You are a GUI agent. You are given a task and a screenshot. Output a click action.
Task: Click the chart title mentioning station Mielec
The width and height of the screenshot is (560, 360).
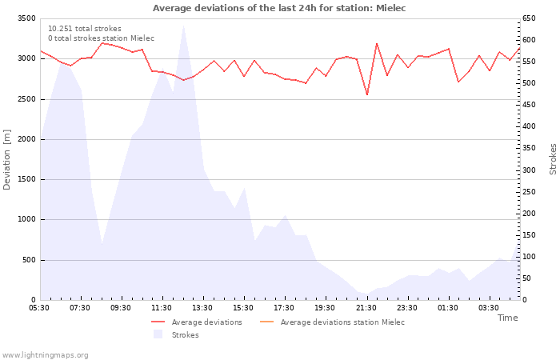279,8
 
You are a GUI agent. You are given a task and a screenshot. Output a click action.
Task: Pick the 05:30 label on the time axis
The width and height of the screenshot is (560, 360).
39,307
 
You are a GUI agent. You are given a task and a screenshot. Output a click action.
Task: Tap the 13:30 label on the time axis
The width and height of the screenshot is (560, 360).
202,307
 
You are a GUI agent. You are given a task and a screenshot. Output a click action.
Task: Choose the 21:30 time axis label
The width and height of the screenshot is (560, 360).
366,307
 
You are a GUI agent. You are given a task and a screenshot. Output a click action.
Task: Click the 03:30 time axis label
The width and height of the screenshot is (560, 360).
489,307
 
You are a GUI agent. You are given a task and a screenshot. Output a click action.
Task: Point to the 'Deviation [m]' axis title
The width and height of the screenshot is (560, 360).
7,159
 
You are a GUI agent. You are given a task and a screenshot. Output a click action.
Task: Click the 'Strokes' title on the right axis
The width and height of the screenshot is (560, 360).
553,159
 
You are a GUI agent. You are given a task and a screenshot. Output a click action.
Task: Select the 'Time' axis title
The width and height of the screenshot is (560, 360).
507,318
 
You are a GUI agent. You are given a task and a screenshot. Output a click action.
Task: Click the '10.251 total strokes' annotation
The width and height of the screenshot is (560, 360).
84,29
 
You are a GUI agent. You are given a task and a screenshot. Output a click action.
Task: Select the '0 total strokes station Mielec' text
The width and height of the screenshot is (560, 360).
101,38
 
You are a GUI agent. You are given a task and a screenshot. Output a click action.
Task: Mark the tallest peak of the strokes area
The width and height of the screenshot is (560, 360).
183,26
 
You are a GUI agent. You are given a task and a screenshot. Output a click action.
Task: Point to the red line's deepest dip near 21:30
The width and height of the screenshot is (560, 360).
367,94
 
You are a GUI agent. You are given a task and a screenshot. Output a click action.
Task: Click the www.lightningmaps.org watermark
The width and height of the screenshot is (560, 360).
45,354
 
